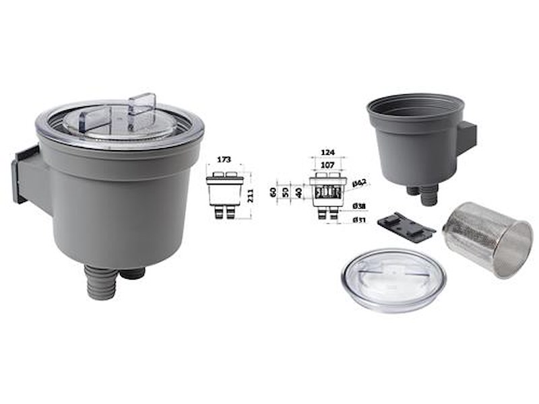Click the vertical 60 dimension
274,192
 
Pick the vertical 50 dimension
286,192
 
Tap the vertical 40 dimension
298,192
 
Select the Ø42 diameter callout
359,183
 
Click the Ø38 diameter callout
360,206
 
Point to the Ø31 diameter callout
360,219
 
